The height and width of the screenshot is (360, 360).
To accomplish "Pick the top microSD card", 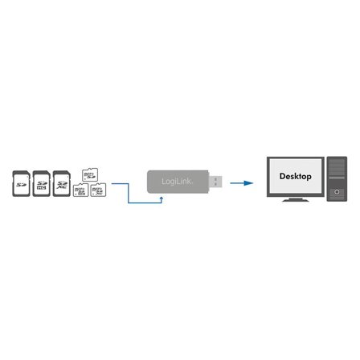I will click(89, 174).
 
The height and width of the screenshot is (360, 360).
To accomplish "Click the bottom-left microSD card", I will click(81, 191).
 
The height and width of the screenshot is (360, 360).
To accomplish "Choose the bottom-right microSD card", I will click(98, 191).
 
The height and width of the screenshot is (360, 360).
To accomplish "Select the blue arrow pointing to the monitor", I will click(239, 183).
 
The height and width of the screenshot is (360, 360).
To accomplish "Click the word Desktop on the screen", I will click(294, 175).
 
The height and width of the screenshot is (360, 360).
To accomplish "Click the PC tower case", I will click(335, 182).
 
